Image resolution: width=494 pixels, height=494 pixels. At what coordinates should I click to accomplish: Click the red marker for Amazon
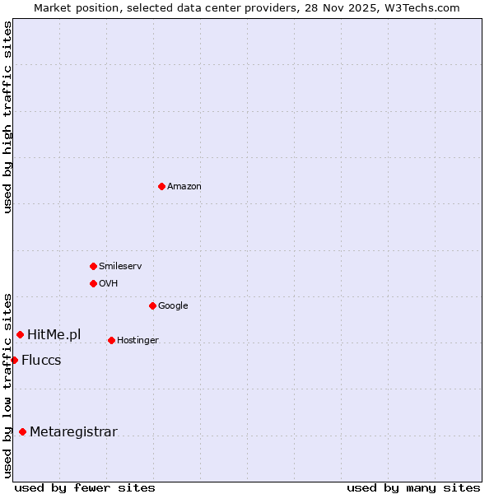(161, 186)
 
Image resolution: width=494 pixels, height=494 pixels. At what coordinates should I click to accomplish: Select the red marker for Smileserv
(93, 266)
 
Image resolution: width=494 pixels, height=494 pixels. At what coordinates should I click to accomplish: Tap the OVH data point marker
(93, 283)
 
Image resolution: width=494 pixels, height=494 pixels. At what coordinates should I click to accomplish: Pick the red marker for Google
(152, 305)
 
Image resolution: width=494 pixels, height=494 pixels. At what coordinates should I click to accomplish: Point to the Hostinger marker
(111, 340)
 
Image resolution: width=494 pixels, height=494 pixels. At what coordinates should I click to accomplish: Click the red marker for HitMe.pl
(20, 334)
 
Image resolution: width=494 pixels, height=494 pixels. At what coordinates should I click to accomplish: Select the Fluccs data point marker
(14, 360)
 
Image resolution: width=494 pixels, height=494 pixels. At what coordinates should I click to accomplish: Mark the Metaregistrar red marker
(22, 431)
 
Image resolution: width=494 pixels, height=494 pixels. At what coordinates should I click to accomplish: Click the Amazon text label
(184, 187)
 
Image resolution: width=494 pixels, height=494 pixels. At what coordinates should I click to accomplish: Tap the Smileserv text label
(120, 266)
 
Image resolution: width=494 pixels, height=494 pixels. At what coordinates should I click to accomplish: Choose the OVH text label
(109, 283)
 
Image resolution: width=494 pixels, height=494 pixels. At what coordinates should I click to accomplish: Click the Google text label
(173, 305)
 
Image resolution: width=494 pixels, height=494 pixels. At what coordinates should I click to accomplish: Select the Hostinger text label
(137, 340)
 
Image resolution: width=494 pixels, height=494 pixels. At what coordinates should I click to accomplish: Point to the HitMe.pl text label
(54, 334)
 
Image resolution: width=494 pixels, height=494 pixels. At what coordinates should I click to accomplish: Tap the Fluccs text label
(41, 360)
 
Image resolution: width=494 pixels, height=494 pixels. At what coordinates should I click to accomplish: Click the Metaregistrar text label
(73, 431)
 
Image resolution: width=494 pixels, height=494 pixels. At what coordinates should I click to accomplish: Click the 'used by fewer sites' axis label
(85, 487)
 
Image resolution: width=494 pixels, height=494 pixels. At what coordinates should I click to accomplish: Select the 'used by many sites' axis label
(413, 487)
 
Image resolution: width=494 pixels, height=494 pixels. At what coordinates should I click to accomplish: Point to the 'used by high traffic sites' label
(7, 117)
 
